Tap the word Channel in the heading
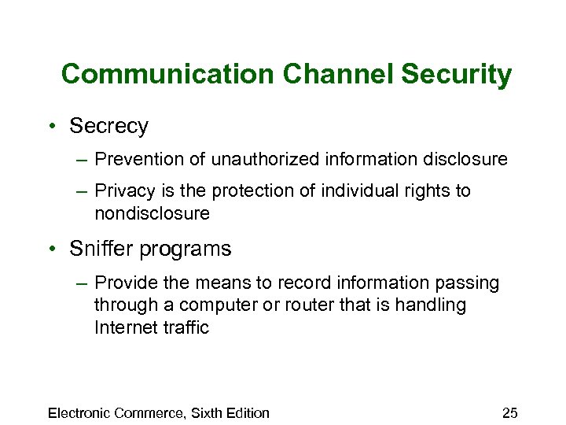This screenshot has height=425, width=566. click(333, 75)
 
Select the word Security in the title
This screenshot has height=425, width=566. click(457, 75)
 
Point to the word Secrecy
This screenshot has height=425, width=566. click(108, 126)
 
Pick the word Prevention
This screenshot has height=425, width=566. click(134, 160)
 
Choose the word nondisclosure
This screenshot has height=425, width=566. click(152, 213)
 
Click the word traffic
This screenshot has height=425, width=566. click(186, 327)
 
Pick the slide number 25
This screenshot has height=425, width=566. click(509, 412)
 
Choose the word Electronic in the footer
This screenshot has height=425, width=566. click(79, 412)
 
